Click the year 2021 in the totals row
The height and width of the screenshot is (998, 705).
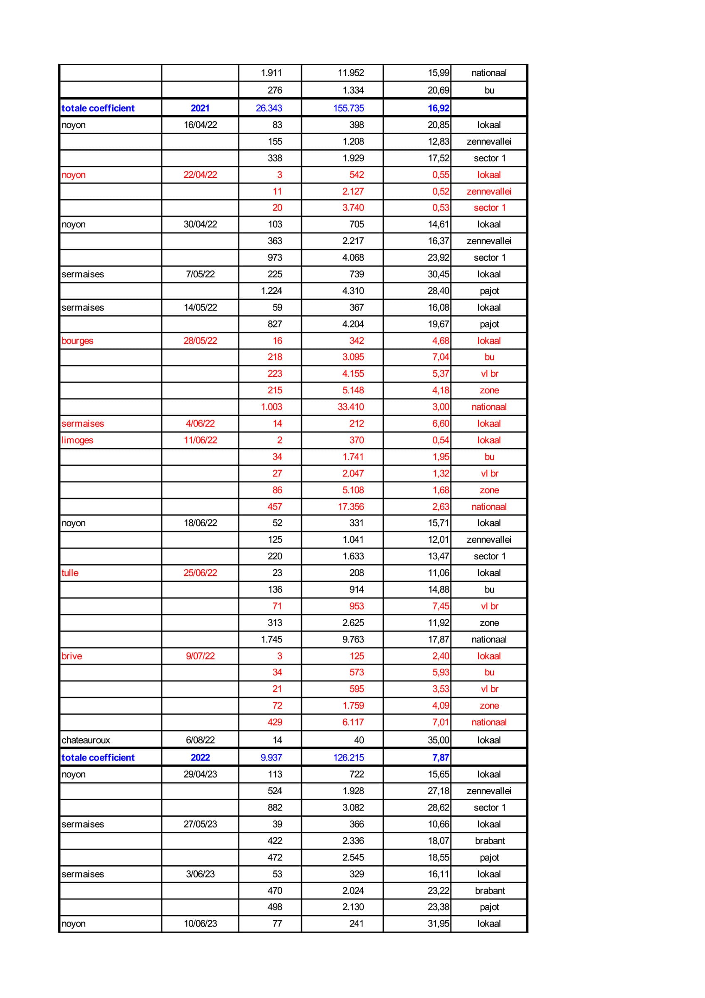[x=200, y=108]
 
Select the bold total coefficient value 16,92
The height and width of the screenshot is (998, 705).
[x=438, y=108]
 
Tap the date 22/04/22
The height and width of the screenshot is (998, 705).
[x=200, y=175]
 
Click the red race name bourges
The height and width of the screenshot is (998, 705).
[x=77, y=341]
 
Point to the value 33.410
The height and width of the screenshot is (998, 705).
[x=350, y=407]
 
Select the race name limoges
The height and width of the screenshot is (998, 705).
[x=77, y=440]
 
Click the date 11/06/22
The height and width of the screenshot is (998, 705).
[x=200, y=440]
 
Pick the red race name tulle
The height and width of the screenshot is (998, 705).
[x=70, y=573]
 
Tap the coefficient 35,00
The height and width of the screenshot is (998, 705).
[x=438, y=740]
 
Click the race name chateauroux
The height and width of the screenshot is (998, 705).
[x=86, y=740]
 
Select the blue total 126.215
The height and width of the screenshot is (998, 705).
[x=348, y=758]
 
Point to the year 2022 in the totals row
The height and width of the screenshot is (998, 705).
[x=200, y=758]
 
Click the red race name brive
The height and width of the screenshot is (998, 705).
[x=71, y=656]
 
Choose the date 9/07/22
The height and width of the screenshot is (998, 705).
[x=200, y=656]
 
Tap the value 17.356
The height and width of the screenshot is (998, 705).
[x=350, y=507]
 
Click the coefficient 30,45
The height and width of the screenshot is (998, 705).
[x=438, y=274]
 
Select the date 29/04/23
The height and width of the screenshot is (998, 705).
[x=200, y=774]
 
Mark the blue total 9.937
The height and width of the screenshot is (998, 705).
[x=271, y=758]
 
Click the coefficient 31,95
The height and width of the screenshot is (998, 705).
[x=438, y=924]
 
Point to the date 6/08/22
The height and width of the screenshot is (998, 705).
[x=200, y=740]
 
